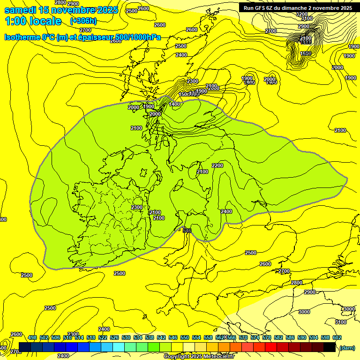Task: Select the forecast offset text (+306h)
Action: point(83,21)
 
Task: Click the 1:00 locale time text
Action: point(33,21)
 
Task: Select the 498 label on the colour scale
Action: point(32,337)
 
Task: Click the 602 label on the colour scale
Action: point(337,337)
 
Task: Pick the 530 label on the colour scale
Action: point(126,337)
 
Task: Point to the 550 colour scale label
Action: point(185,337)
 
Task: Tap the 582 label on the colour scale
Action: point(278,337)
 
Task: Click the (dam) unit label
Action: point(347,348)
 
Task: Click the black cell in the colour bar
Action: point(330,347)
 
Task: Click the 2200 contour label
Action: point(217,165)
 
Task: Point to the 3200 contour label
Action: point(302,14)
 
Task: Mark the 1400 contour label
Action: point(175,104)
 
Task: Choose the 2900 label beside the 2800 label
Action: point(73,4)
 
